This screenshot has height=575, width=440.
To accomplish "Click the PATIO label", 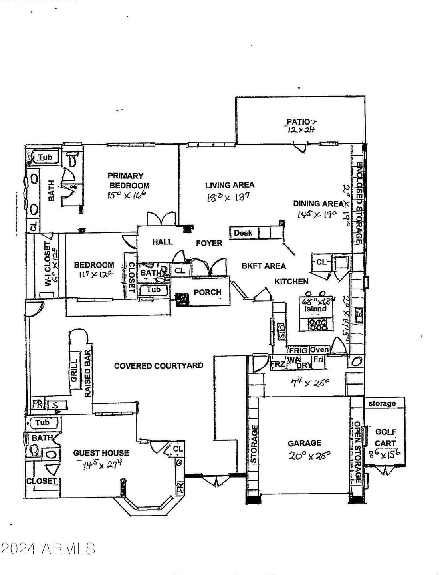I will coord(298,121).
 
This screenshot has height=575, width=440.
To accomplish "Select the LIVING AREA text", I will coord(230,185).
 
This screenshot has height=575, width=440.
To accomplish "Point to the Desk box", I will coord(243,233).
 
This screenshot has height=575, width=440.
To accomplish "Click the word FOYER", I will coord(209,243).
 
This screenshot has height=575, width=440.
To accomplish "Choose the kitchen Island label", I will coord(315,309).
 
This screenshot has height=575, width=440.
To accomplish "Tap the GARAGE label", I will coord(304,443).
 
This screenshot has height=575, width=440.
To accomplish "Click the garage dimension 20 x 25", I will coord(309,455).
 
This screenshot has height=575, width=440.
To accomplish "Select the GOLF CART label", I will coord(386,438).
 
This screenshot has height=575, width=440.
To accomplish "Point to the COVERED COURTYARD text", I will coord(159,365).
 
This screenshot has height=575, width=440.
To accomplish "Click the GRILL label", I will coord(74,370).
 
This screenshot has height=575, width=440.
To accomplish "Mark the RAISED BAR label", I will coord(87,373).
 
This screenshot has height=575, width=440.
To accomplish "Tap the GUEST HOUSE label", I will coord(101,453).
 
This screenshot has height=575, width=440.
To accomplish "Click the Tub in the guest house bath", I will coord(42,422).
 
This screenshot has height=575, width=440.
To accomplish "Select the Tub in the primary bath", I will coord(45,157).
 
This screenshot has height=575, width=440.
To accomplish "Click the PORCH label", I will coord(207,292).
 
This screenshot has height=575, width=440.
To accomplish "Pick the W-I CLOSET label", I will coord(48,264).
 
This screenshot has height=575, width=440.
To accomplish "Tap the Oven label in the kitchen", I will coord(319,350).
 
